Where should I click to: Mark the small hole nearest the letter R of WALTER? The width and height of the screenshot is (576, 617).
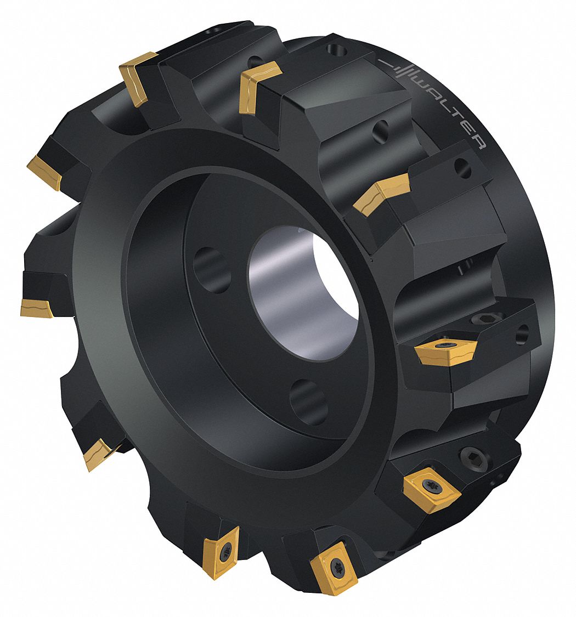462,167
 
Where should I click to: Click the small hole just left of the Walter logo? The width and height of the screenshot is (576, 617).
336,49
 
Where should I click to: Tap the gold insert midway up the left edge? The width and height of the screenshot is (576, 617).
37,307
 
